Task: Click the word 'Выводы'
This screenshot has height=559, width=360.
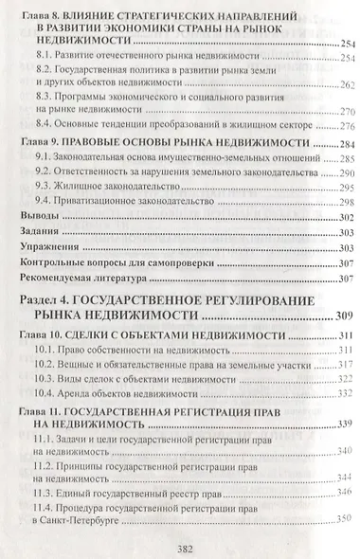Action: click(x=41, y=215)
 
